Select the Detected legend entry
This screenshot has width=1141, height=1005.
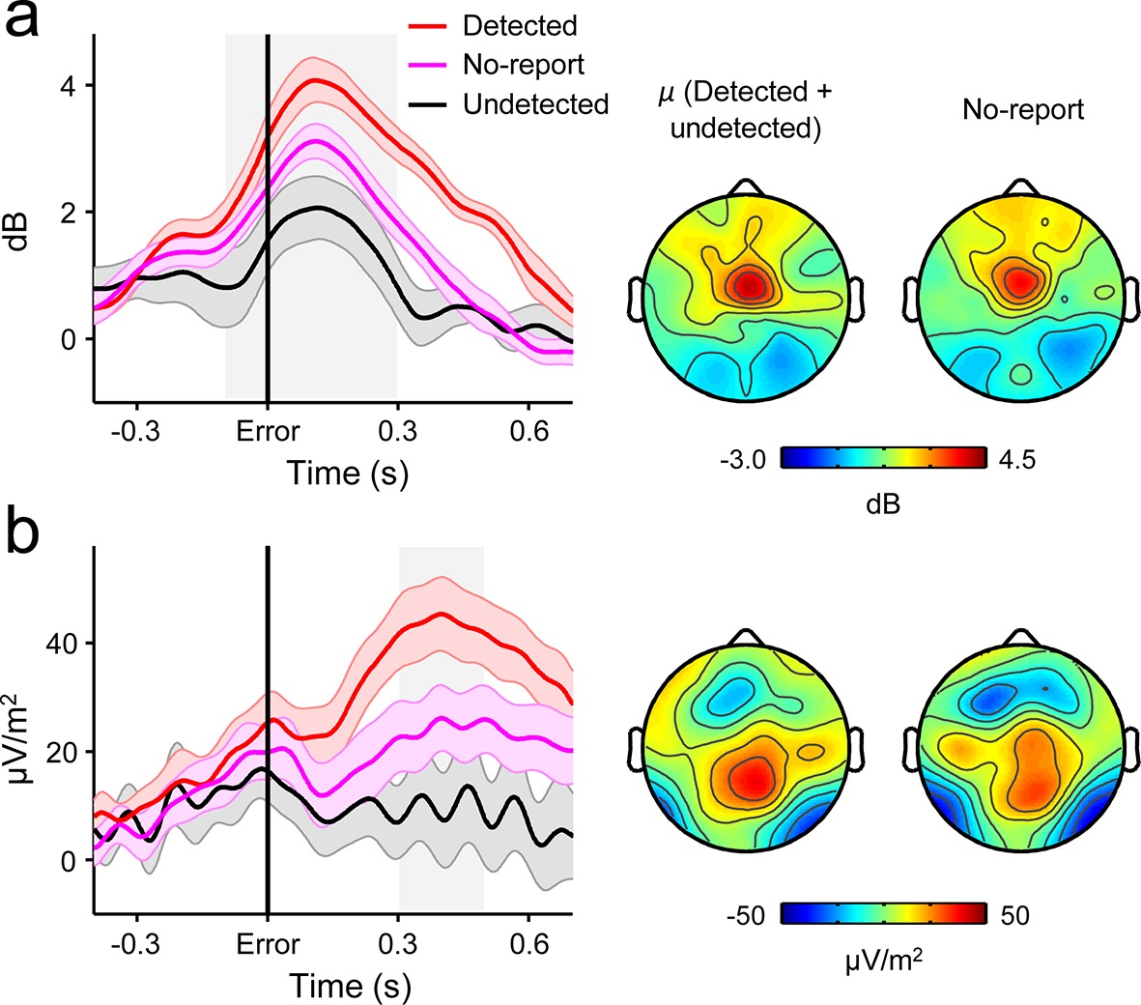point(519,25)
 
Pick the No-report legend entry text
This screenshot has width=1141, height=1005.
point(524,65)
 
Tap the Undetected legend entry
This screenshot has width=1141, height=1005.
point(535,103)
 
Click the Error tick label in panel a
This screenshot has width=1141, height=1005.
point(268,431)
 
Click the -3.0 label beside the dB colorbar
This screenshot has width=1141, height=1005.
point(744,460)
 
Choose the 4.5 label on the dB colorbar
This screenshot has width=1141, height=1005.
point(1015,460)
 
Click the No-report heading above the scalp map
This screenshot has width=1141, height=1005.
point(1023,110)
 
